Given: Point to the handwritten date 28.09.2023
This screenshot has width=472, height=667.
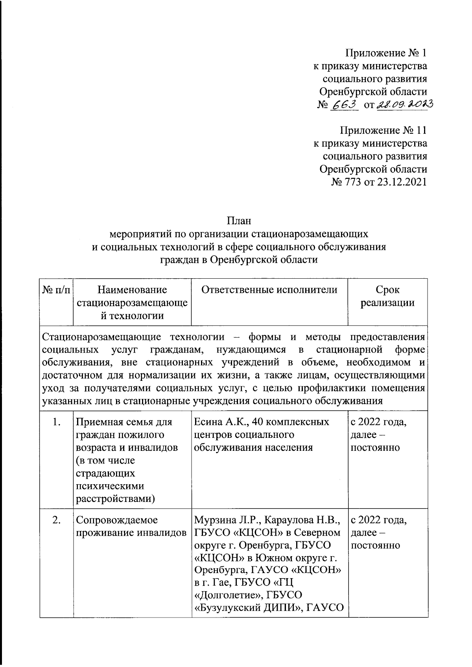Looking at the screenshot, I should point(404,104).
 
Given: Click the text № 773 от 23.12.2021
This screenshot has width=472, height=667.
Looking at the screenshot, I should point(380,182).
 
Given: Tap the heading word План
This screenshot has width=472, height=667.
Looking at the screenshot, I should point(239,221).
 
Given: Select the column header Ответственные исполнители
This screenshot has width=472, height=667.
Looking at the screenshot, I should point(269,290).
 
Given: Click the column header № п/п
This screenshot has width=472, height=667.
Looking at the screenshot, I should point(56,290).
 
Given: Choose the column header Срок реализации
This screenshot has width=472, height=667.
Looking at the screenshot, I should point(387,296).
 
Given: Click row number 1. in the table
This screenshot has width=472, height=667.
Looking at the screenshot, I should point(56,423).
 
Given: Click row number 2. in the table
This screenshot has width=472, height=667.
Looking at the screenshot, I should point(56,520).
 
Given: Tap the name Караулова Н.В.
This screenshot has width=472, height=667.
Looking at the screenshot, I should point(302,520).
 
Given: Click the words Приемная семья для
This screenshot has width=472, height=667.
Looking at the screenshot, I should point(124,422).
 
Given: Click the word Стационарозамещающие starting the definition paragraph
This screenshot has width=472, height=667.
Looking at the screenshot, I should point(101,337).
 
